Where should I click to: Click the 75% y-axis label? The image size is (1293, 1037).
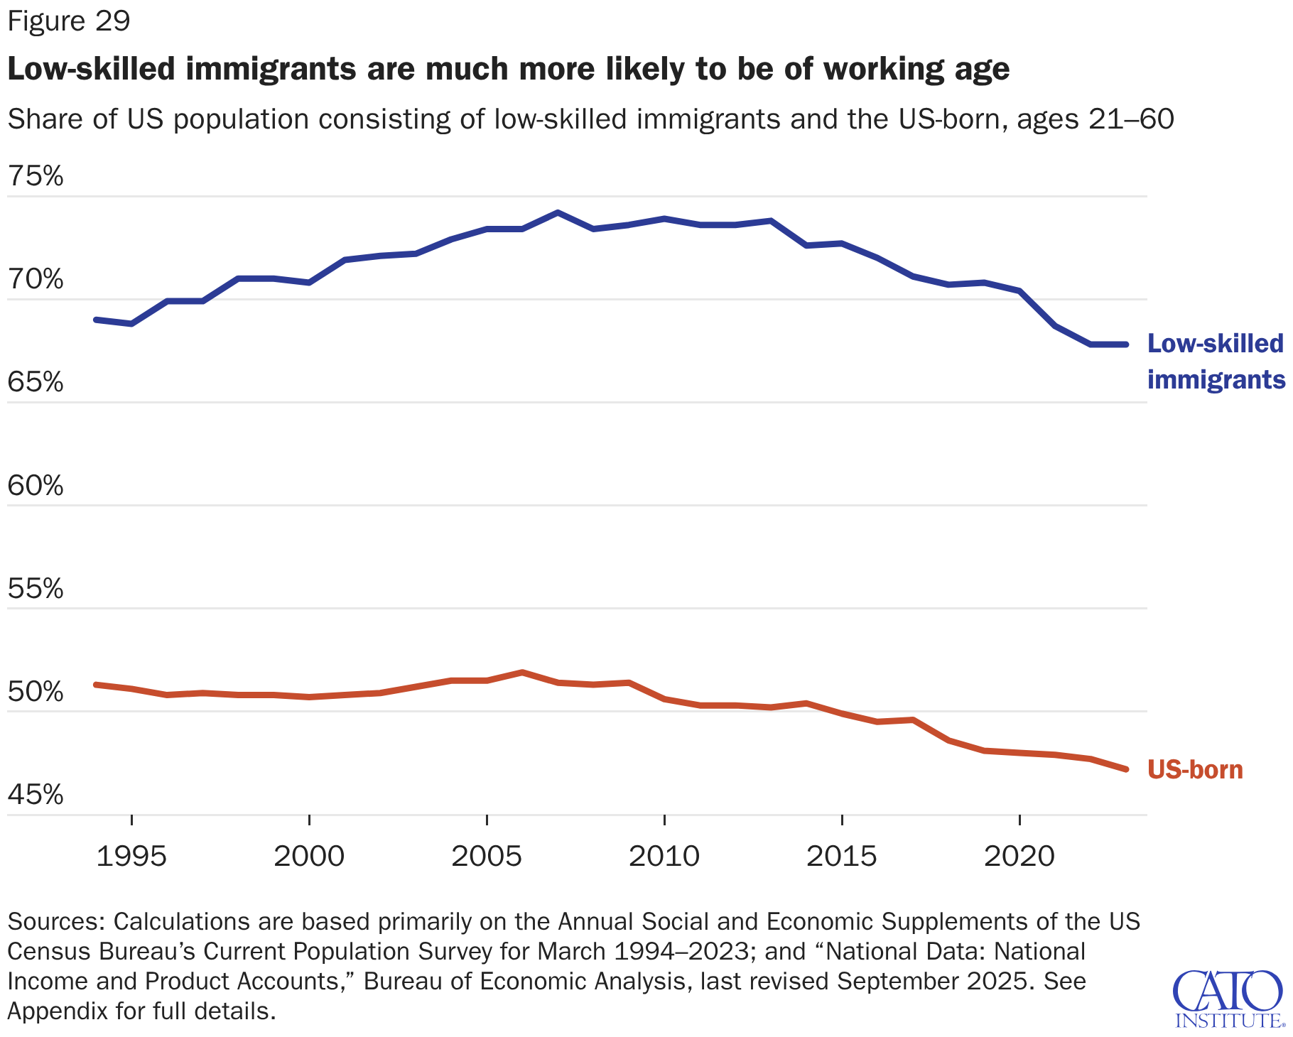click(36, 176)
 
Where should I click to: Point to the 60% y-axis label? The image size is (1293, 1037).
click(36, 486)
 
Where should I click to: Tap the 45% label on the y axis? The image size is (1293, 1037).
click(36, 795)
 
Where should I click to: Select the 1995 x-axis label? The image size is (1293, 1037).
click(131, 856)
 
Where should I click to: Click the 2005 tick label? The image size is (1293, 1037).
click(487, 856)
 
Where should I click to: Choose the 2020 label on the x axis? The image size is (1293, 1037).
click(1019, 856)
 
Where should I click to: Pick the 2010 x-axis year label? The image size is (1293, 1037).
click(664, 856)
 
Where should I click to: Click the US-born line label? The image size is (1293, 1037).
click(1196, 770)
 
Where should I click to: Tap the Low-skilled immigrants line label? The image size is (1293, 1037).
click(1216, 362)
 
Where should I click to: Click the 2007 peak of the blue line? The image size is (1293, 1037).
click(558, 212)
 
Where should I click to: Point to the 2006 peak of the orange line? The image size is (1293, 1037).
click(522, 672)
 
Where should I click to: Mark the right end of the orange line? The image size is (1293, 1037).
click(1126, 769)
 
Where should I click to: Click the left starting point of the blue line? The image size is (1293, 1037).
click(96, 320)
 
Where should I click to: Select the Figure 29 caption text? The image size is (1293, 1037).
click(69, 21)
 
